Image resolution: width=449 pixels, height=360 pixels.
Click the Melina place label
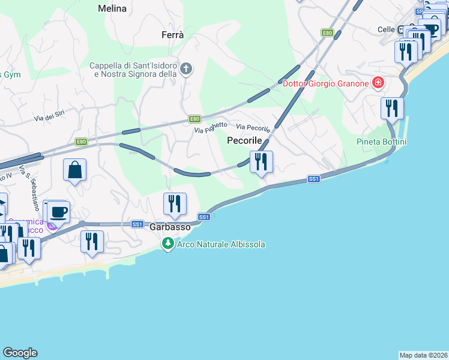click(112, 8)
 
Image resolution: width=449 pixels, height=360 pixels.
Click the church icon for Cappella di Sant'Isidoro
click(186, 69)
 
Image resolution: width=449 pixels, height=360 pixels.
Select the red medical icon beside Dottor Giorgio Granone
click(378, 83)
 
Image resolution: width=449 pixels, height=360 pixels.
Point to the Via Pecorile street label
click(253, 128)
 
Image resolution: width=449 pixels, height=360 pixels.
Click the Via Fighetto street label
click(211, 128)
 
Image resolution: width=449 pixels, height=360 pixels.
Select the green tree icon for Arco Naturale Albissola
click(168, 244)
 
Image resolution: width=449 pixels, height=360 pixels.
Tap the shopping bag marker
click(74, 170)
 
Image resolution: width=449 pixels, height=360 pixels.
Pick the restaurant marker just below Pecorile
click(261, 162)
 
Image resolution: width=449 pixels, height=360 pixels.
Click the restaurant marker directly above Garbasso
click(175, 204)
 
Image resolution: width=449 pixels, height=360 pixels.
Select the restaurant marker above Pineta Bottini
click(392, 109)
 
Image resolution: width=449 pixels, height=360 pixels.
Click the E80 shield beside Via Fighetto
click(194, 119)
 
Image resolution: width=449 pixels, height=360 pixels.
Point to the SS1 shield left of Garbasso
click(137, 224)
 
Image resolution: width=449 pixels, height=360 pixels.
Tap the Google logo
click(20, 353)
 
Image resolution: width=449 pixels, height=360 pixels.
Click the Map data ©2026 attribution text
click(423, 355)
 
